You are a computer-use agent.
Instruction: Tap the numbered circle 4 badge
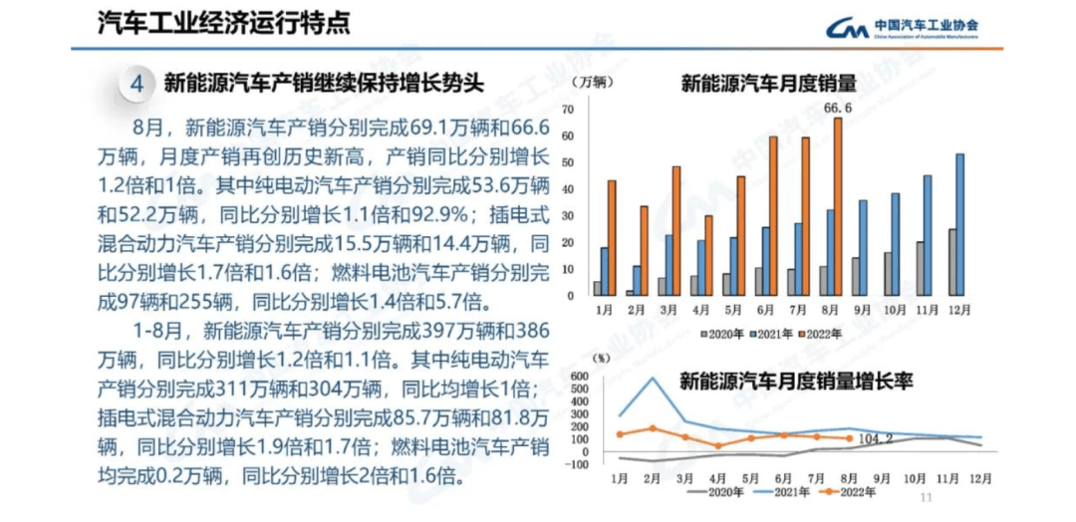137,84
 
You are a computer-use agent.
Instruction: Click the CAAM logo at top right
903,29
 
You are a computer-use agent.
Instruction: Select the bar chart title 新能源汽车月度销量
769,84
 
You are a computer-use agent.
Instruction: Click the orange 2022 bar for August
838,206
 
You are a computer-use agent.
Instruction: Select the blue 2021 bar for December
959,224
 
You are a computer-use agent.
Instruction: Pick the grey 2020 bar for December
951,262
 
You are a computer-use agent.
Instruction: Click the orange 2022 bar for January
612,237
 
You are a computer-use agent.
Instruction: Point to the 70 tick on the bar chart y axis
568,109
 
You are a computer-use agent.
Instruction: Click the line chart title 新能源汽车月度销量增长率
796,380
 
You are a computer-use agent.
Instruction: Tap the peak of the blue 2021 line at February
653,378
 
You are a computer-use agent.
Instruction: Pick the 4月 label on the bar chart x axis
700,311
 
